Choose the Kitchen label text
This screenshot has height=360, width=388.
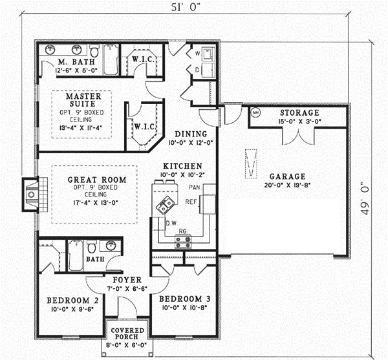pyautogui.click(x=182, y=166)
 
